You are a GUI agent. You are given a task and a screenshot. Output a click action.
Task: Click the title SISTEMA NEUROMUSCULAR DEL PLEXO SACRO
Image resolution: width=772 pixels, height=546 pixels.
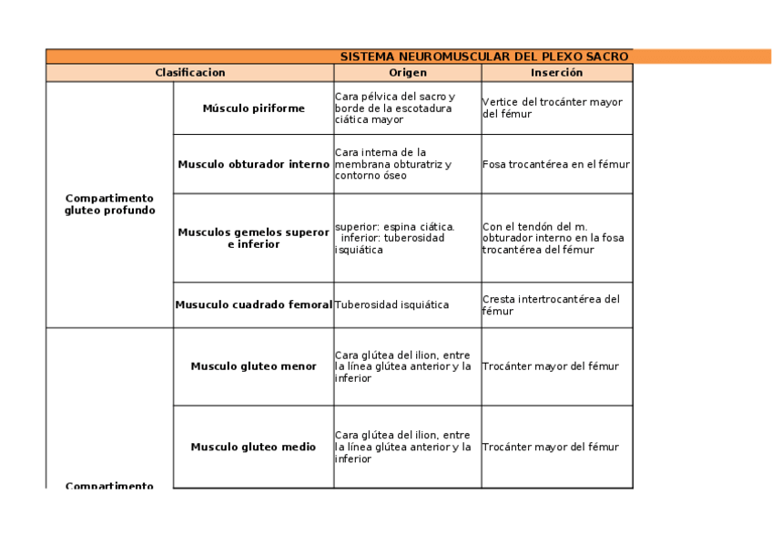483,57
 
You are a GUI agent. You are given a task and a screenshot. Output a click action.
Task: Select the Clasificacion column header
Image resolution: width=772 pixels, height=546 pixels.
189,72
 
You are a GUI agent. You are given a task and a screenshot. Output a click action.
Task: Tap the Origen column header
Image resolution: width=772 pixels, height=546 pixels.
407,72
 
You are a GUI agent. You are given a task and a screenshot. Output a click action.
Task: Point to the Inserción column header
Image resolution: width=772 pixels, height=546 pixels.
556,72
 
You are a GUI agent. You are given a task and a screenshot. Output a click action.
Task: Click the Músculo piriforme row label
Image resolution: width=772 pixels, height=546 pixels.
253,108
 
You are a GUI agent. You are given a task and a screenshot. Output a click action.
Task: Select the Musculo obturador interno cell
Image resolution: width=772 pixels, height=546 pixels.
253,164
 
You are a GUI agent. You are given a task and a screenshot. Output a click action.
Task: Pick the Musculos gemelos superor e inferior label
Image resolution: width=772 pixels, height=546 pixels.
253,238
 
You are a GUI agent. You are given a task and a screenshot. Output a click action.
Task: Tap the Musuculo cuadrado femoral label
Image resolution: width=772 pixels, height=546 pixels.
253,304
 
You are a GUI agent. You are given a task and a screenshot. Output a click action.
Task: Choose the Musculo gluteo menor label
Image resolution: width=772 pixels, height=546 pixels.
253,366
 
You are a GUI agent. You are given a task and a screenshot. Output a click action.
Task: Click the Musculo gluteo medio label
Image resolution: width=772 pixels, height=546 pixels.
253,447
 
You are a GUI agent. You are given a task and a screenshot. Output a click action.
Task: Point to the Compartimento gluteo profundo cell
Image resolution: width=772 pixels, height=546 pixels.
109,204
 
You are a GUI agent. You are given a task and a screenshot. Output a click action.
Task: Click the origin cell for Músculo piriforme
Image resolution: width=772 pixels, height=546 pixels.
407,108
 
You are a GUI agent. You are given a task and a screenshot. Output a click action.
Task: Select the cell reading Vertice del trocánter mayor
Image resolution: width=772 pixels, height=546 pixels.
556,108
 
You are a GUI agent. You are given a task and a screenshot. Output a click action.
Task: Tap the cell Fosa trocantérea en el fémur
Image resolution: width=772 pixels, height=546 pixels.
556,164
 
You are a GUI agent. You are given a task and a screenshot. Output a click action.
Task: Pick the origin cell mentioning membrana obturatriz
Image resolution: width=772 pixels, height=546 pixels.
407,164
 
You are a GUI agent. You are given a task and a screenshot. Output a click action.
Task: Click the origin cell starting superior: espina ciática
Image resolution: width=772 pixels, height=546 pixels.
407,238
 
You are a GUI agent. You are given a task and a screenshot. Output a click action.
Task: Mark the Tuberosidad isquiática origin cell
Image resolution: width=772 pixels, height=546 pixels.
407,304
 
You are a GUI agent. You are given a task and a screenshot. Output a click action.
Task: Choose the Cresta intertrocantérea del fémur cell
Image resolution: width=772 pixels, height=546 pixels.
556,304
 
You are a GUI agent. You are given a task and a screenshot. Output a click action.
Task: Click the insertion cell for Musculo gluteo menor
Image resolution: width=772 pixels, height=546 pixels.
556,366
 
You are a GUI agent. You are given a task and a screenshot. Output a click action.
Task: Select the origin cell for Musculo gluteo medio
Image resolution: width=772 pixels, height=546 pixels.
407,447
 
